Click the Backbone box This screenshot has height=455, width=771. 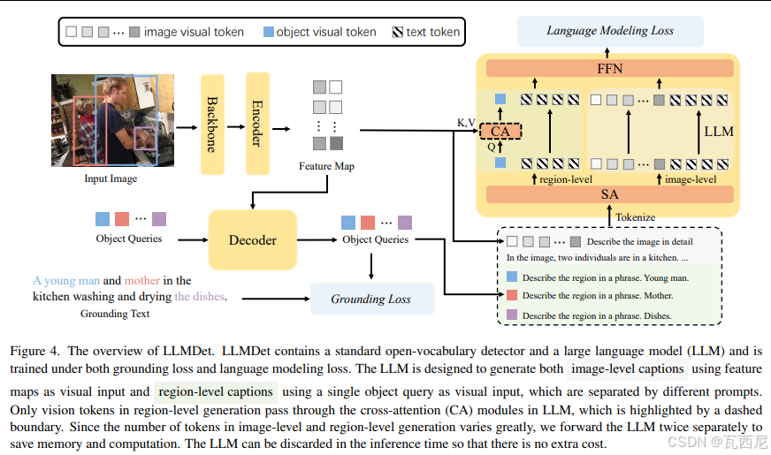[x=212, y=125]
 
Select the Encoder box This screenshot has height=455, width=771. [x=257, y=124]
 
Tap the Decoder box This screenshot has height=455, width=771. [x=253, y=239]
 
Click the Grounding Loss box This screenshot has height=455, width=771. [x=372, y=299]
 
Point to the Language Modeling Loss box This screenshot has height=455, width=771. [x=610, y=31]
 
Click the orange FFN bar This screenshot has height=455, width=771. [x=610, y=68]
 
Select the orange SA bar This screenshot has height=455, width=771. [x=610, y=194]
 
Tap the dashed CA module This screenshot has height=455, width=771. [x=500, y=131]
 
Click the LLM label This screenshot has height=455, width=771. [x=719, y=132]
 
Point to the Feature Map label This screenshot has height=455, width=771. [x=326, y=166]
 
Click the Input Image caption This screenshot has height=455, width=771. [x=111, y=178]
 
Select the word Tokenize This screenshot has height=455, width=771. [x=636, y=217]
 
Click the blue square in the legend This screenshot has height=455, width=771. [x=269, y=32]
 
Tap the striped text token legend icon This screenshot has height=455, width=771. [x=398, y=32]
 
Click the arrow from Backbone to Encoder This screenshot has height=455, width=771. [x=235, y=126]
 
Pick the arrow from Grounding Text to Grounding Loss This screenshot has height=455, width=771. [x=276, y=299]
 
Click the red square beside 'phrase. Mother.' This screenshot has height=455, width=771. [x=512, y=295]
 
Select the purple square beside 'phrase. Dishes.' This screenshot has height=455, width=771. [x=512, y=315]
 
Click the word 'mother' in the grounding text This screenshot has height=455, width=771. [x=142, y=281]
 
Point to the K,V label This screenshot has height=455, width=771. [x=466, y=123]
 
